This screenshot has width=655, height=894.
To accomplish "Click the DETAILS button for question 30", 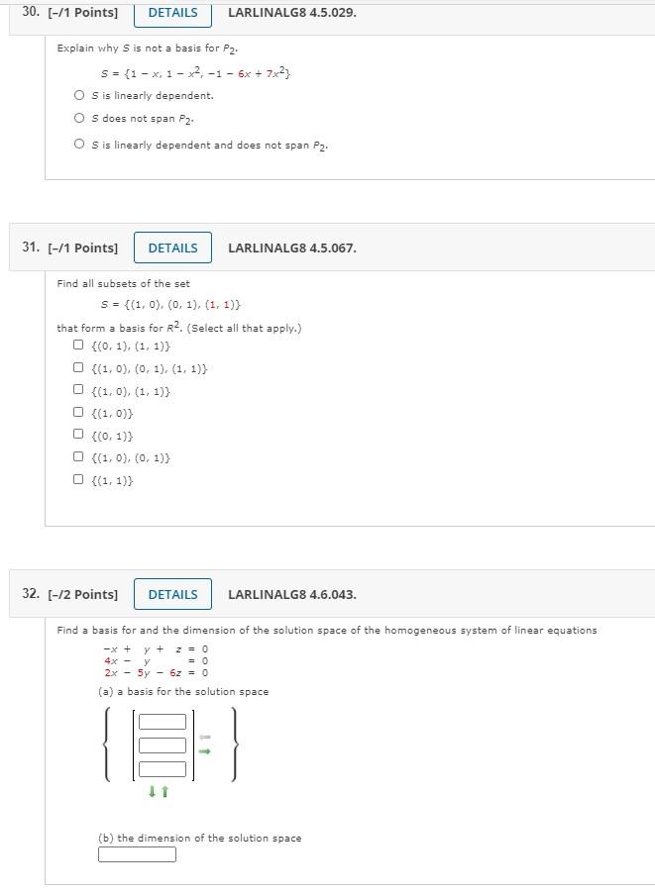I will tap(172, 13).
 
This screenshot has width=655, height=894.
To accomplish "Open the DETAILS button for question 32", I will tap(172, 594).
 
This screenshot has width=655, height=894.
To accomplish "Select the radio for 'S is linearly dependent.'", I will tap(78, 96).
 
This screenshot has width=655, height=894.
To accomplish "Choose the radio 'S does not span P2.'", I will tap(78, 119).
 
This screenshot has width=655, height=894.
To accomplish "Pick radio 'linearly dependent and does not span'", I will tap(78, 145).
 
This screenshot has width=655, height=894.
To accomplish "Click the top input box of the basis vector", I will tap(163, 722).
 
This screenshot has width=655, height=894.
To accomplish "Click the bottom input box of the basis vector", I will tap(163, 768).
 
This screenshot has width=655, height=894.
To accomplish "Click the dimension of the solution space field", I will tap(137, 854).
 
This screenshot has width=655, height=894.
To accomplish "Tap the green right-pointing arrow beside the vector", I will tap(205, 751).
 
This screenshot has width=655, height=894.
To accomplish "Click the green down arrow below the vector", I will tap(153, 791).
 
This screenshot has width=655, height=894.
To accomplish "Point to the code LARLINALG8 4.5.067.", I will tap(292, 248).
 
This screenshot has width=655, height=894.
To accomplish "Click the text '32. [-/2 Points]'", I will tap(69, 594).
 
